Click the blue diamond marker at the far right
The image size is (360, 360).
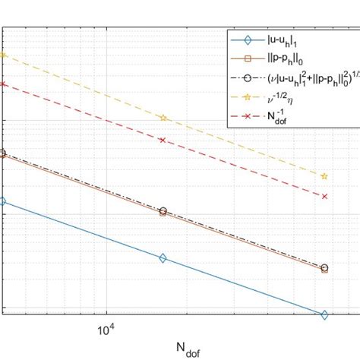tap(325, 314)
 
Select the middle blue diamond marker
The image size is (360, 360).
tap(163, 258)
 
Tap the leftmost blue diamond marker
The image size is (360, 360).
tap(2, 201)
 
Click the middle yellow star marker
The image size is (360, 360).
tap(163, 118)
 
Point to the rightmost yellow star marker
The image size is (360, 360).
tap(325, 176)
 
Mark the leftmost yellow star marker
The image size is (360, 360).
tap(2, 55)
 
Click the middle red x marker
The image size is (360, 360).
tap(163, 140)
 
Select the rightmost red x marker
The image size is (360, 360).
tap(325, 196)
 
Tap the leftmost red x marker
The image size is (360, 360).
tap(2, 84)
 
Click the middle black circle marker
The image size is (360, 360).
tap(163, 210)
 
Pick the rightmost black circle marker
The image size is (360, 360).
tap(325, 267)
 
